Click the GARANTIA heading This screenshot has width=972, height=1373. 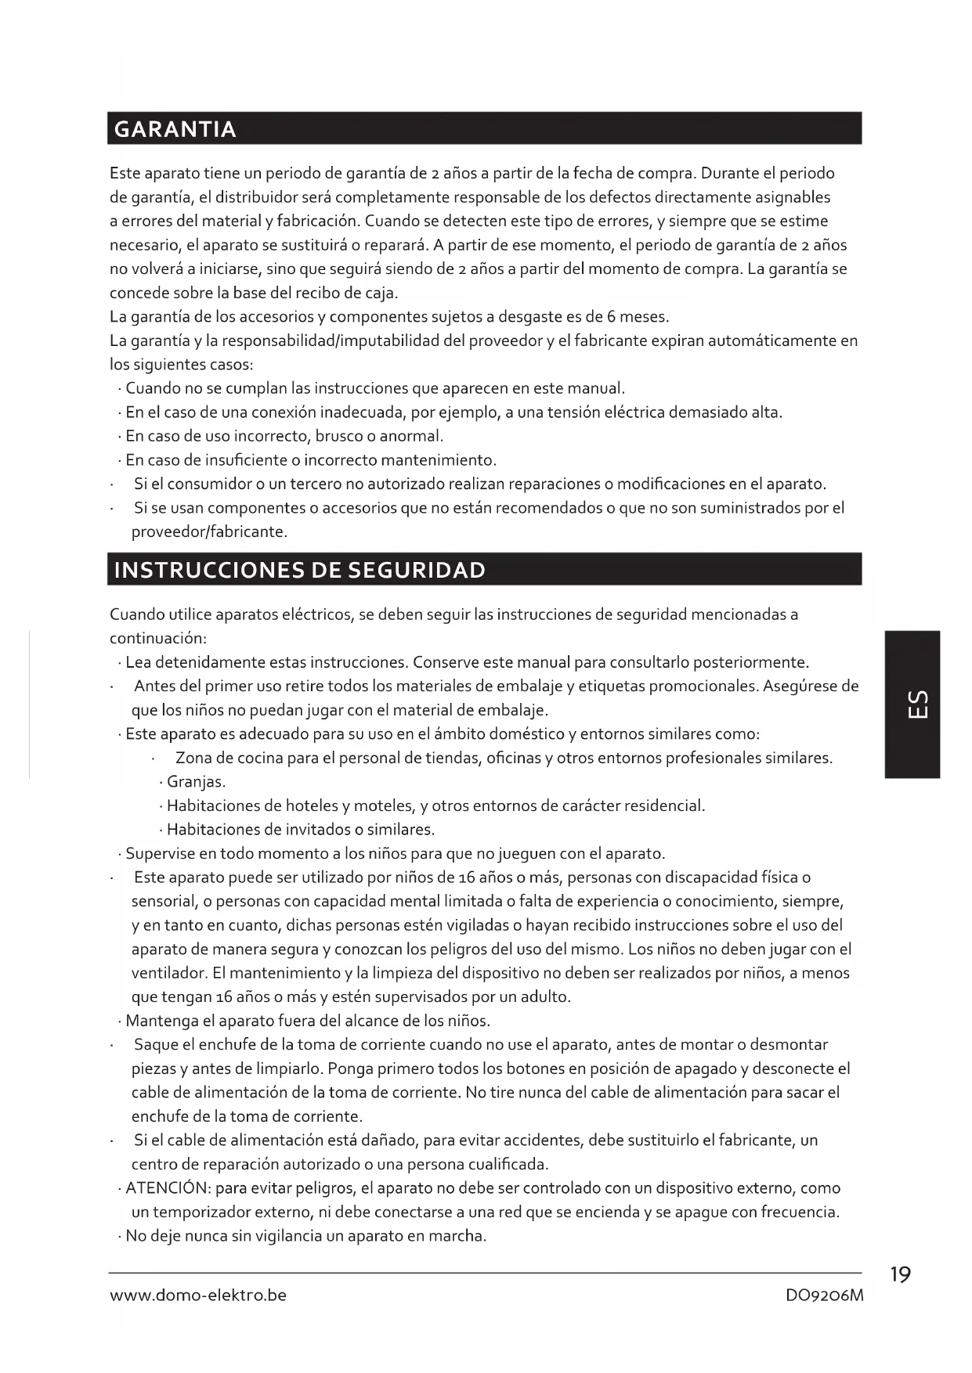pyautogui.click(x=175, y=129)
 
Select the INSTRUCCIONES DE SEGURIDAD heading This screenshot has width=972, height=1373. pyautogui.click(x=299, y=570)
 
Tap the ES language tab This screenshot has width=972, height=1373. pyautogui.click(x=912, y=704)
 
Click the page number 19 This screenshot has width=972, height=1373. pyautogui.click(x=901, y=1275)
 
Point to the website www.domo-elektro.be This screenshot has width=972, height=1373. pyautogui.click(x=198, y=1296)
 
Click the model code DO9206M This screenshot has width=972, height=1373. pyautogui.click(x=824, y=1296)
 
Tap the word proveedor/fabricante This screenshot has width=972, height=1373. pyautogui.click(x=209, y=532)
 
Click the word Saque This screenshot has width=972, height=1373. pyautogui.click(x=156, y=1045)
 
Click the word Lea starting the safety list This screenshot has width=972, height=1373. pyautogui.click(x=139, y=663)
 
